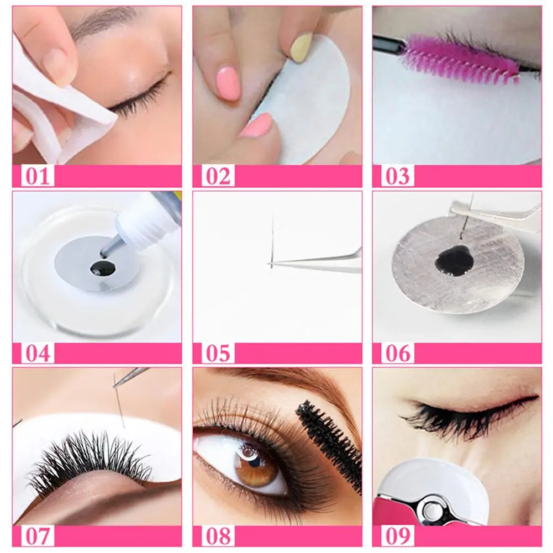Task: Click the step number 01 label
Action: (x=38, y=176)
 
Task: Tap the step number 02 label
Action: (x=218, y=176)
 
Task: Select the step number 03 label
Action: (x=398, y=176)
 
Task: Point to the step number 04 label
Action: (x=38, y=353)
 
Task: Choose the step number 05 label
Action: (x=218, y=353)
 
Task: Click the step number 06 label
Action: (x=398, y=353)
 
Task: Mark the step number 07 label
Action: (x=38, y=536)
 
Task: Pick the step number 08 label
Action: (x=218, y=536)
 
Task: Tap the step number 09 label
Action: (x=398, y=536)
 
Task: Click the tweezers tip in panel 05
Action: (x=269, y=263)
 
